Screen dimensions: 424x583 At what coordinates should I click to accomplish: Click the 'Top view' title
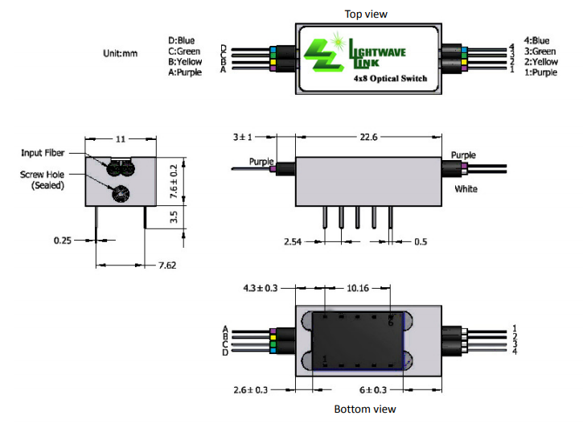(x=366, y=14)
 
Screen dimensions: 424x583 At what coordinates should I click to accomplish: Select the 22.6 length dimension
(x=368, y=138)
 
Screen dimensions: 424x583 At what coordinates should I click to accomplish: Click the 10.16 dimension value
(x=358, y=286)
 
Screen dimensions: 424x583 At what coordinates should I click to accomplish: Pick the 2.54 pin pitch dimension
(x=293, y=241)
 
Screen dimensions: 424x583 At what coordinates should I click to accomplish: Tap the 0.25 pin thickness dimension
(x=62, y=240)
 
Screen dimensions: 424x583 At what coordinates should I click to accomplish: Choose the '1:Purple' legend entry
(x=540, y=72)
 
